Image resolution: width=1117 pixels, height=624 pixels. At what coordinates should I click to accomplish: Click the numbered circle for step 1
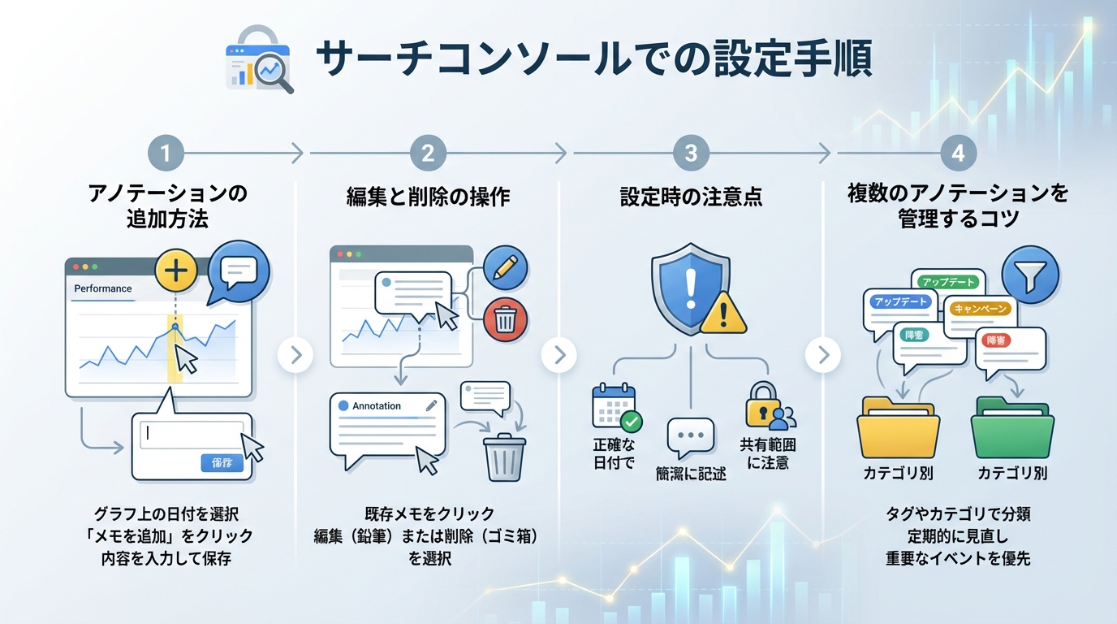click(166, 152)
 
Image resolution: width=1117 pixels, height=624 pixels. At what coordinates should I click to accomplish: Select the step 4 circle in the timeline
click(958, 152)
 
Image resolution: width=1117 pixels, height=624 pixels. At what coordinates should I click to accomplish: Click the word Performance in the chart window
click(102, 288)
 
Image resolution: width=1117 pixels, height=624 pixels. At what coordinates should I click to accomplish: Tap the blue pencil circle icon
click(505, 268)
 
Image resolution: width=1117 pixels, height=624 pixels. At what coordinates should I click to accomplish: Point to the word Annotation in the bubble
click(377, 405)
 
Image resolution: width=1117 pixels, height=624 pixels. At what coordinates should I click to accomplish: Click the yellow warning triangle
click(724, 311)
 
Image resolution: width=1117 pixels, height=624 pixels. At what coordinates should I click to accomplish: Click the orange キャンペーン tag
click(981, 309)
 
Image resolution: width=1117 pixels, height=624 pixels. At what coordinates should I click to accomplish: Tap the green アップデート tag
click(949, 281)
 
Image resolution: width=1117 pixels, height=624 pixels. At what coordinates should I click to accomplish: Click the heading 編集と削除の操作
click(428, 197)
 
